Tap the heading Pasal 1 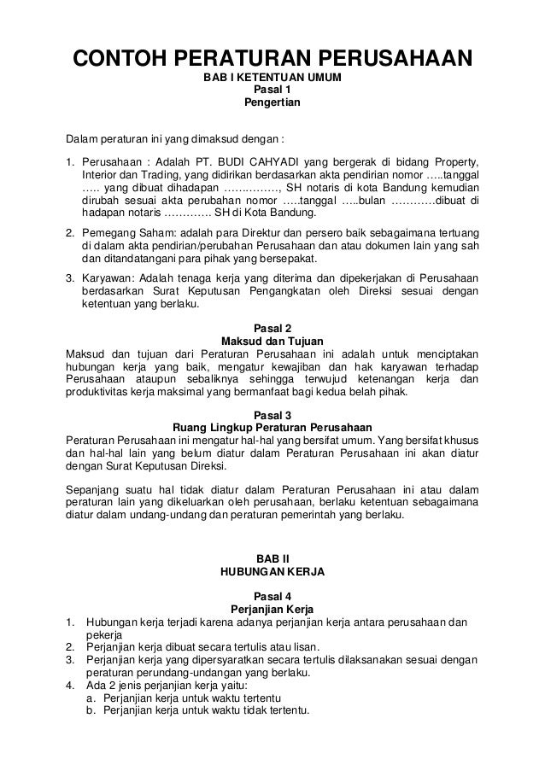click(272, 91)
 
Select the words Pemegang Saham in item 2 click(120, 232)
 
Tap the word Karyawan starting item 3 click(106, 278)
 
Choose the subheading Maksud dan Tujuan click(272, 341)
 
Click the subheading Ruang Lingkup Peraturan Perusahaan click(272, 427)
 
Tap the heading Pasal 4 click(272, 596)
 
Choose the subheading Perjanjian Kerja click(272, 609)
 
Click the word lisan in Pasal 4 click(319, 647)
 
